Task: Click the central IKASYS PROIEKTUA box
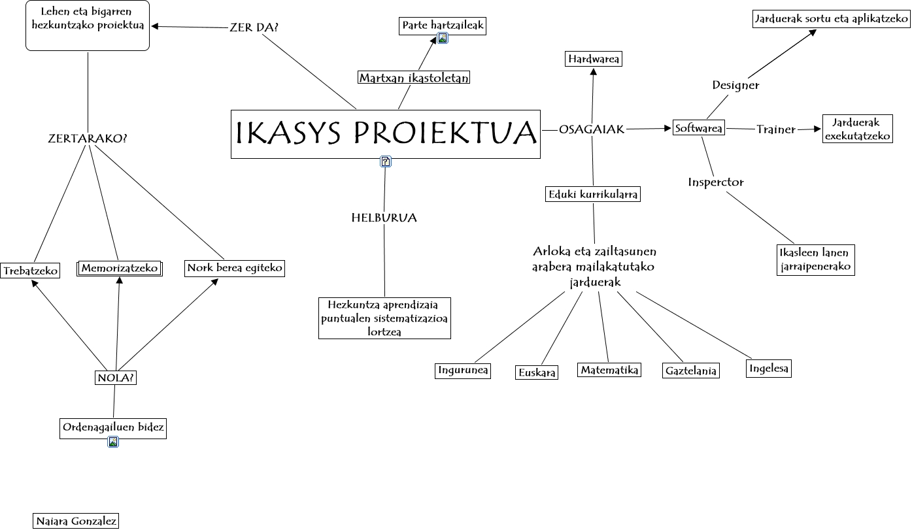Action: point(386,134)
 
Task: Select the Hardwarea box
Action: point(593,59)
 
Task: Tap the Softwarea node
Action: point(699,128)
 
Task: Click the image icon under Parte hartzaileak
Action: point(443,38)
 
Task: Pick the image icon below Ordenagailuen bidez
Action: point(113,442)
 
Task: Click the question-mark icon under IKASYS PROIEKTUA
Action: point(386,161)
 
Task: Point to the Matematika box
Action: point(609,370)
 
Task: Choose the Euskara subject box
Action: point(537,373)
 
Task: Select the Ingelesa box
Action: point(769,369)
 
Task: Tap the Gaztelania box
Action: point(690,371)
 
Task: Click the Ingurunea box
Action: point(464,371)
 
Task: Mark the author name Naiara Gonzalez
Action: point(76,521)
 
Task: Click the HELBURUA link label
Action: point(384,218)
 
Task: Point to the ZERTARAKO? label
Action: point(88,139)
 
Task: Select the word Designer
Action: point(735,85)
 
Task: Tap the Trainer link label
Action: point(776,129)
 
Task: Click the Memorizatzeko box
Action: point(120,269)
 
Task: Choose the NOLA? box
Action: point(116,378)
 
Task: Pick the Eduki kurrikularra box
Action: point(593,194)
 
